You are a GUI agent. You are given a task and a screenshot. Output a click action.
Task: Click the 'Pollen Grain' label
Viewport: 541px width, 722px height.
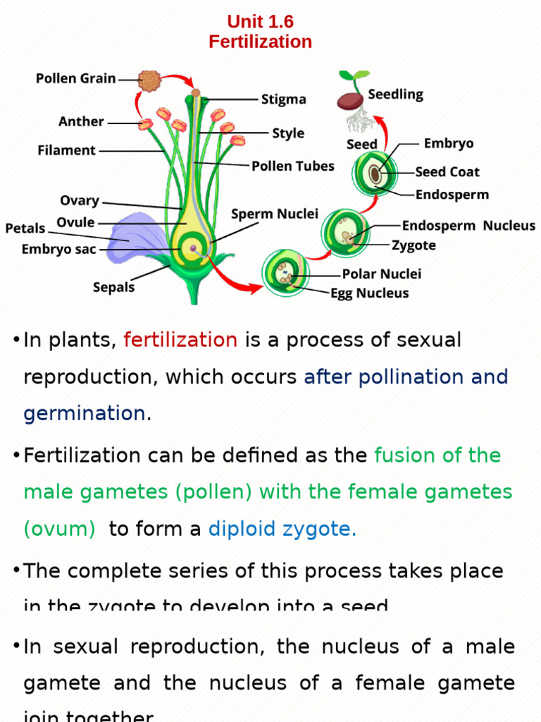[76, 79]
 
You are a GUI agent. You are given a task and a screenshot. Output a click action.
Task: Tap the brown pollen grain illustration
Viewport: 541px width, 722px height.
[149, 80]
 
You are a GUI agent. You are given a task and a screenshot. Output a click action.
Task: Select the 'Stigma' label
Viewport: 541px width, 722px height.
[284, 99]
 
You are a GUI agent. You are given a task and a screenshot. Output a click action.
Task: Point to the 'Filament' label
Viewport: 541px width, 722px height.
[67, 150]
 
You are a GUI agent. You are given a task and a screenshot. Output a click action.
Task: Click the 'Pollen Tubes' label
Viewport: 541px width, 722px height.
[293, 166]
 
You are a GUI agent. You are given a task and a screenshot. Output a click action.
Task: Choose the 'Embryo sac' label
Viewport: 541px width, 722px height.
[58, 249]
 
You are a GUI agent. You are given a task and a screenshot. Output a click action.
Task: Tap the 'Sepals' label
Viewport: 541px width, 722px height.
[114, 287]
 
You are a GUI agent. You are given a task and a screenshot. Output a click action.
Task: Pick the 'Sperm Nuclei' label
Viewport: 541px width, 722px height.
[275, 214]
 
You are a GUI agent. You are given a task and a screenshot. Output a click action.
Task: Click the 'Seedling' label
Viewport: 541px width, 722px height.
[396, 94]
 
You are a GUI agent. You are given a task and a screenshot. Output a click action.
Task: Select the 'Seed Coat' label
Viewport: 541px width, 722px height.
[447, 172]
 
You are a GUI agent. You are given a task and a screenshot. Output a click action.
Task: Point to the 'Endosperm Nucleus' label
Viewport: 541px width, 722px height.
[468, 226]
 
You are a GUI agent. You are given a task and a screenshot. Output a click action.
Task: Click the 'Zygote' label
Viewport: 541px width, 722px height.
[413, 245]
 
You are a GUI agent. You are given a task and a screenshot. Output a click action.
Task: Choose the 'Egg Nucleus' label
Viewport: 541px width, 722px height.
[370, 293]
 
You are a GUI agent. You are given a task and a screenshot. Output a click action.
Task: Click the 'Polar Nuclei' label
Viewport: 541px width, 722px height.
[382, 274]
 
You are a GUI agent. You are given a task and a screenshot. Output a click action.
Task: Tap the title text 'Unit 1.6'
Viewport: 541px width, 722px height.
[260, 22]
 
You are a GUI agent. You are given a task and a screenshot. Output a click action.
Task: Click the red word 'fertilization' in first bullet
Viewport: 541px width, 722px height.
[180, 340]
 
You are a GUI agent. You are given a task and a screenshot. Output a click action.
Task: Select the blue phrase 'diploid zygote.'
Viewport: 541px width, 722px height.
[282, 529]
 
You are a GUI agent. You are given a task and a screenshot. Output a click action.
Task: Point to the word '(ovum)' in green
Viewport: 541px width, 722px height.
[59, 529]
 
